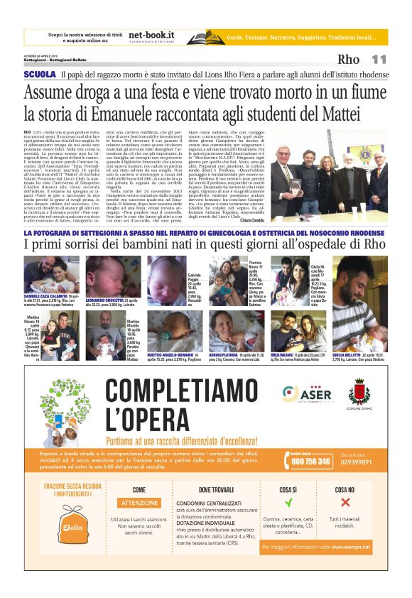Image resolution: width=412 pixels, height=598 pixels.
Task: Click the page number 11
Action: [378, 60]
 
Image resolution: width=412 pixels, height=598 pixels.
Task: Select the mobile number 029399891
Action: [356, 462]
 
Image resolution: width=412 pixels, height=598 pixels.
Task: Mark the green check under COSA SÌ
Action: [288, 503]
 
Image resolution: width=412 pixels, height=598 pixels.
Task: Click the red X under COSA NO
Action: [345, 503]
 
